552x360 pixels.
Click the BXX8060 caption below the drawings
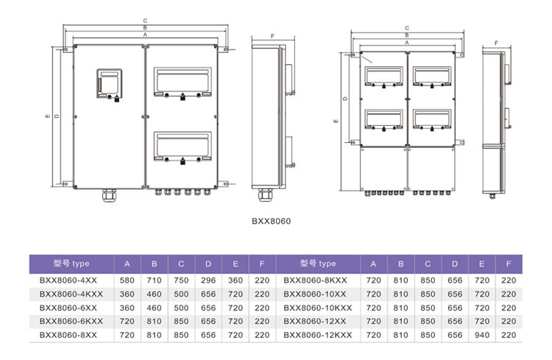click(x=271, y=221)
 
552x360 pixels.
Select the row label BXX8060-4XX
click(x=68, y=280)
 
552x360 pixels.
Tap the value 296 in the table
click(x=208, y=280)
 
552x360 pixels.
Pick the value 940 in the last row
click(x=482, y=335)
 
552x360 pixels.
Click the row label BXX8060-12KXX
click(x=318, y=335)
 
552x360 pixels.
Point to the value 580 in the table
click(x=127, y=280)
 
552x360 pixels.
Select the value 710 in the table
click(x=155, y=280)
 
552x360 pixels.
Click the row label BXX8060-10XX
click(x=315, y=294)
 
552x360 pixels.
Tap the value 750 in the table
click(x=181, y=280)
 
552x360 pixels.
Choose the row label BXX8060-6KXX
click(x=71, y=321)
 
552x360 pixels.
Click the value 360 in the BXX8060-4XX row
click(x=236, y=280)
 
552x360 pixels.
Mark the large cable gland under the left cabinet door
click(x=109, y=196)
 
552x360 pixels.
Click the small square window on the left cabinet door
click(x=110, y=83)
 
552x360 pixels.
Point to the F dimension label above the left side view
click(x=272, y=36)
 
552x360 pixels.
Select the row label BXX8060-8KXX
click(x=316, y=280)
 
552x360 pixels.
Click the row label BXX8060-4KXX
click(x=71, y=294)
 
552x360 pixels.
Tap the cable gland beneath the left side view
click(x=265, y=195)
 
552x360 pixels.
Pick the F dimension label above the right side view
click(x=496, y=43)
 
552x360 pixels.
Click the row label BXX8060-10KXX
click(x=318, y=308)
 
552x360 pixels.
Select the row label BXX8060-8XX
click(x=68, y=335)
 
